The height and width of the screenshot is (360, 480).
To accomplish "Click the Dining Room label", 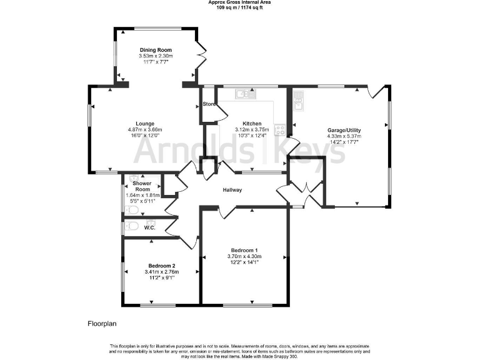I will (x=156, y=50).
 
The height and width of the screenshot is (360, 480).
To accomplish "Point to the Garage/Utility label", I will (x=344, y=131).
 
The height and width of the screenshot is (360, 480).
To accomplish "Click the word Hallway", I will (x=232, y=190).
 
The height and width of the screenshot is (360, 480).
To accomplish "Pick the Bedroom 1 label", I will (x=244, y=250).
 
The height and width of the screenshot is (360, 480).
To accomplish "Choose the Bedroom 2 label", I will (x=162, y=266).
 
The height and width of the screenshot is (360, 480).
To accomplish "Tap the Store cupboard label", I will (x=209, y=104).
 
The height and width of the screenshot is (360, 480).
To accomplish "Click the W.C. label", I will (x=149, y=227).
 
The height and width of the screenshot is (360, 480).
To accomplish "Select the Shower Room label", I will (x=142, y=186).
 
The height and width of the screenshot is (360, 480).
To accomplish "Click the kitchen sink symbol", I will (x=244, y=94).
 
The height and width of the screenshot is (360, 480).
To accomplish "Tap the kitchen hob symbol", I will (x=281, y=131).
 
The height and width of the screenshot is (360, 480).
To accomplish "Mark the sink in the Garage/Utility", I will (x=298, y=100).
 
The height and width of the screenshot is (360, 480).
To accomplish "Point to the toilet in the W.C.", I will (x=131, y=227).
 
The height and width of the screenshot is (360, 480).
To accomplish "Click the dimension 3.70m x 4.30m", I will (x=244, y=256).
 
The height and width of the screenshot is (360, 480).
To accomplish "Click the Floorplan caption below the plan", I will (x=102, y=324).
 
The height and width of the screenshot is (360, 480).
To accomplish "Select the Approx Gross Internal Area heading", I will (x=239, y=2).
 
